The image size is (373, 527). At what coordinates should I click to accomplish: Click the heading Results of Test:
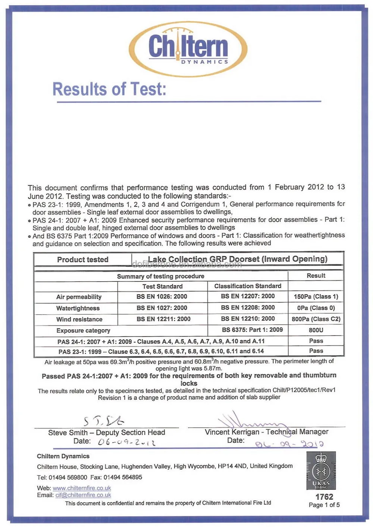coord(109,89)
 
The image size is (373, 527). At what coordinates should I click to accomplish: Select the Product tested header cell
coord(82,260)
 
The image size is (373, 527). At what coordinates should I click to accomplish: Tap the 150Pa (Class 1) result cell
coord(316,297)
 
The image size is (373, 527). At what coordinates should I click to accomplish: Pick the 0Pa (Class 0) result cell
coord(316,308)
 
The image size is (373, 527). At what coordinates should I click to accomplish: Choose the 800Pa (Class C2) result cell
coord(316,319)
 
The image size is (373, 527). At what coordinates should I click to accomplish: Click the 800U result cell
coord(316,330)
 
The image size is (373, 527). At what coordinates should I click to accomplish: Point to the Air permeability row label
coord(79,297)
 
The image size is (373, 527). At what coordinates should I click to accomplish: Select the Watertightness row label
coord(78,308)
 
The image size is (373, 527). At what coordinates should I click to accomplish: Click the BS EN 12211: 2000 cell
coord(163,319)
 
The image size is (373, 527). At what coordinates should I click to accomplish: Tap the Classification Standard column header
coord(248,286)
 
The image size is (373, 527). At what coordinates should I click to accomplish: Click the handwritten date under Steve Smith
coord(126,443)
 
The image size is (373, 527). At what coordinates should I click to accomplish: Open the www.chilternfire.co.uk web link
coord(82,488)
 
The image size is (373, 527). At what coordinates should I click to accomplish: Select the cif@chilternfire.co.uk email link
coord(83,495)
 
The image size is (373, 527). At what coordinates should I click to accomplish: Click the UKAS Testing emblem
coord(321,471)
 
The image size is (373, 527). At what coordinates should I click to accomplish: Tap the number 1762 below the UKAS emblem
coord(324,497)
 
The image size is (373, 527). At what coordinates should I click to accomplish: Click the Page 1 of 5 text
coord(324,505)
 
